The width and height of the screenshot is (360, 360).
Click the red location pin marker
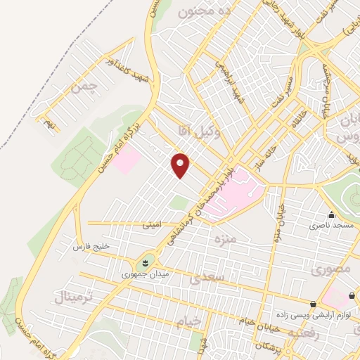tap(181, 165)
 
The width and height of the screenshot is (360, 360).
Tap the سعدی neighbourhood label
tap(206, 278)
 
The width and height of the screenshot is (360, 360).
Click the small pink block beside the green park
tap(129, 161)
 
